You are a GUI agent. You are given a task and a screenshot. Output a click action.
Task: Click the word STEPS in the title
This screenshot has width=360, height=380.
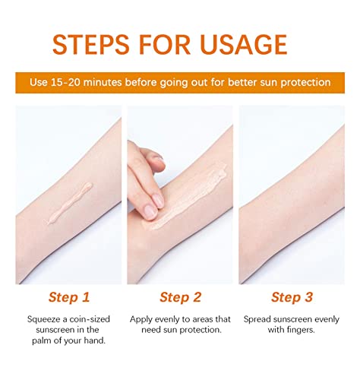click(x=91, y=45)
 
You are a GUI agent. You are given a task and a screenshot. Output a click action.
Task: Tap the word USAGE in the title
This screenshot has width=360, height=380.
click(x=243, y=45)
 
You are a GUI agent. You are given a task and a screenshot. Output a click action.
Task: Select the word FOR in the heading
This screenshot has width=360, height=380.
click(x=165, y=45)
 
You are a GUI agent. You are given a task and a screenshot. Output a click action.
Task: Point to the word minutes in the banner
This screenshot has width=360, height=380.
click(x=103, y=82)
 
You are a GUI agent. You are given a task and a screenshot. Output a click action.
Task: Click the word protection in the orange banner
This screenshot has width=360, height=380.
click(x=305, y=83)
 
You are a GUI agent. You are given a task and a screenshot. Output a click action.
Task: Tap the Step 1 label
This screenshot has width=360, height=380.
click(x=69, y=297)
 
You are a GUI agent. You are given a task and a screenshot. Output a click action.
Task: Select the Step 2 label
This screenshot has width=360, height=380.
click(x=180, y=297)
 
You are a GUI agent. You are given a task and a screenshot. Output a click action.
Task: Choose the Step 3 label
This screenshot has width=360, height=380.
click(x=292, y=297)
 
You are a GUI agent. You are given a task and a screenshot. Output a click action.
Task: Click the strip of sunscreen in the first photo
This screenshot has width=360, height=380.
click(x=70, y=204)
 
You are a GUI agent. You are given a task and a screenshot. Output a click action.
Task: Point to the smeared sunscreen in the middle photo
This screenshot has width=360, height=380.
click(x=188, y=196)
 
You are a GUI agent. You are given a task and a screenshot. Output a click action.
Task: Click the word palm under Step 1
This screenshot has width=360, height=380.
click(x=42, y=340)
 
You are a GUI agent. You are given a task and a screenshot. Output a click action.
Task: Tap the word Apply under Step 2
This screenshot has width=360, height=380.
click(x=141, y=320)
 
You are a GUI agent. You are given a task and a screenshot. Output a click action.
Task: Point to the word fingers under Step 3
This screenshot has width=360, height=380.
click(x=301, y=331)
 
